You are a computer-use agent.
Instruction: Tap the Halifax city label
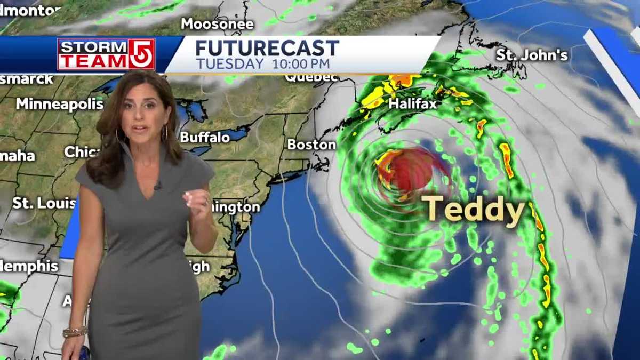[412, 103]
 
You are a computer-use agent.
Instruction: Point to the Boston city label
[311, 145]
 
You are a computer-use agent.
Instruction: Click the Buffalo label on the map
[205, 137]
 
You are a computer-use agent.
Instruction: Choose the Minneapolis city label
[59, 103]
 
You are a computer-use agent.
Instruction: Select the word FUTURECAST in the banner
[267, 49]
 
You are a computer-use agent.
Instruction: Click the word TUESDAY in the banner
[230, 64]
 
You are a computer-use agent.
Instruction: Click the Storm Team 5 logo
[106, 54]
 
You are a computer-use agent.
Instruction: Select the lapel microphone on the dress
[158, 186]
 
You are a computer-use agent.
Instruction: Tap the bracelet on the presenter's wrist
[75, 332]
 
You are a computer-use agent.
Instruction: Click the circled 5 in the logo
[141, 54]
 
